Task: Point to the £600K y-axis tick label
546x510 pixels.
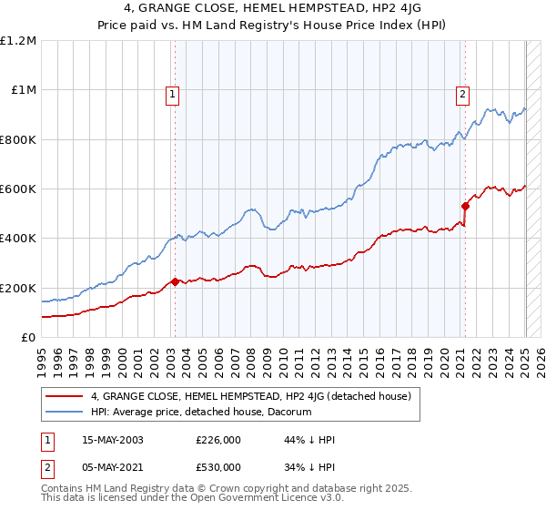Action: click(x=19, y=189)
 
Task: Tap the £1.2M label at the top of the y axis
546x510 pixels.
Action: click(x=19, y=41)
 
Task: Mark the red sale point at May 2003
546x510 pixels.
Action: click(x=174, y=281)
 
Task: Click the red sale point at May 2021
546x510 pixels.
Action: click(x=465, y=206)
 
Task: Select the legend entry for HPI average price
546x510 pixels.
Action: click(x=201, y=412)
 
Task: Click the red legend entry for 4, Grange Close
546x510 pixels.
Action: click(x=251, y=396)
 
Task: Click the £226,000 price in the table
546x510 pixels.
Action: click(x=218, y=440)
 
